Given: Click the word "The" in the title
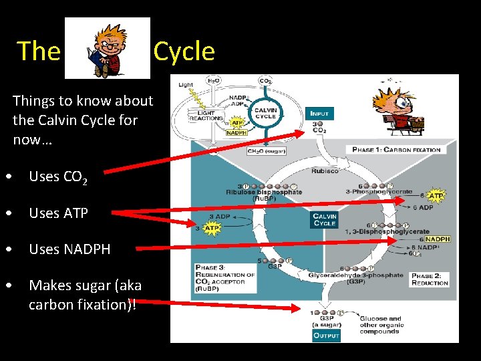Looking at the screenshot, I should pos(38,51).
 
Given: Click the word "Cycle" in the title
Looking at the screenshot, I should pos(184,51).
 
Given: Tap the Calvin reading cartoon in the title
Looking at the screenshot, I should pos(108,48).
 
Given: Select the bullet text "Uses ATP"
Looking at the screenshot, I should pos(59,213).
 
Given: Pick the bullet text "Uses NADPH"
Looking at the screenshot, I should pos(69,249).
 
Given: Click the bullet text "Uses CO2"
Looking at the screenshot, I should pos(58,177).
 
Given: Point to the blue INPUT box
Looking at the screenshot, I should pos(319,114).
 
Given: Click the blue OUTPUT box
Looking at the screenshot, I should pos(327,335).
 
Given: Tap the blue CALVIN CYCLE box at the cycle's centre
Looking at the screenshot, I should pos(325,220).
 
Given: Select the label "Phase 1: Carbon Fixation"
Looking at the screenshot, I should pos(396,149).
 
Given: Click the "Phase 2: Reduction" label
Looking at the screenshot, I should pos(429,279).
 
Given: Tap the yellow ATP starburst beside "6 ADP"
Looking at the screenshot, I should pos(436,196).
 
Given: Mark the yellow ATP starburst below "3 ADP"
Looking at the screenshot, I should pos(211,229).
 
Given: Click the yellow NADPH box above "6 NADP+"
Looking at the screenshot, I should pos(438,239).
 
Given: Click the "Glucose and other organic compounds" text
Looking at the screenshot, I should pos(381,325).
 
